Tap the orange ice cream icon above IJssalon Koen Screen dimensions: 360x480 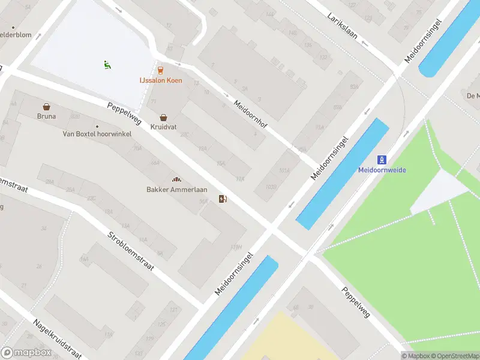pos(160,70)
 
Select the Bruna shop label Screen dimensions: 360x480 pos(46,116)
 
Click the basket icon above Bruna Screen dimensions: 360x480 pos(46,106)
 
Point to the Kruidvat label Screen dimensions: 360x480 pos(163,128)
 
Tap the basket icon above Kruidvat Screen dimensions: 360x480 pos(163,118)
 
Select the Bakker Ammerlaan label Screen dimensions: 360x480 pos(177,190)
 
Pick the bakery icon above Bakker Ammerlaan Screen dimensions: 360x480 pos(176,179)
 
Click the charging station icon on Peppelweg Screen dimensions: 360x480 pos(223,199)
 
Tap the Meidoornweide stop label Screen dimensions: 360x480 pos(382,170)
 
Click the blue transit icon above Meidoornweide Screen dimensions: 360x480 pos(382,160)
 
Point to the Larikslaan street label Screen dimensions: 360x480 pos(343,26)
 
